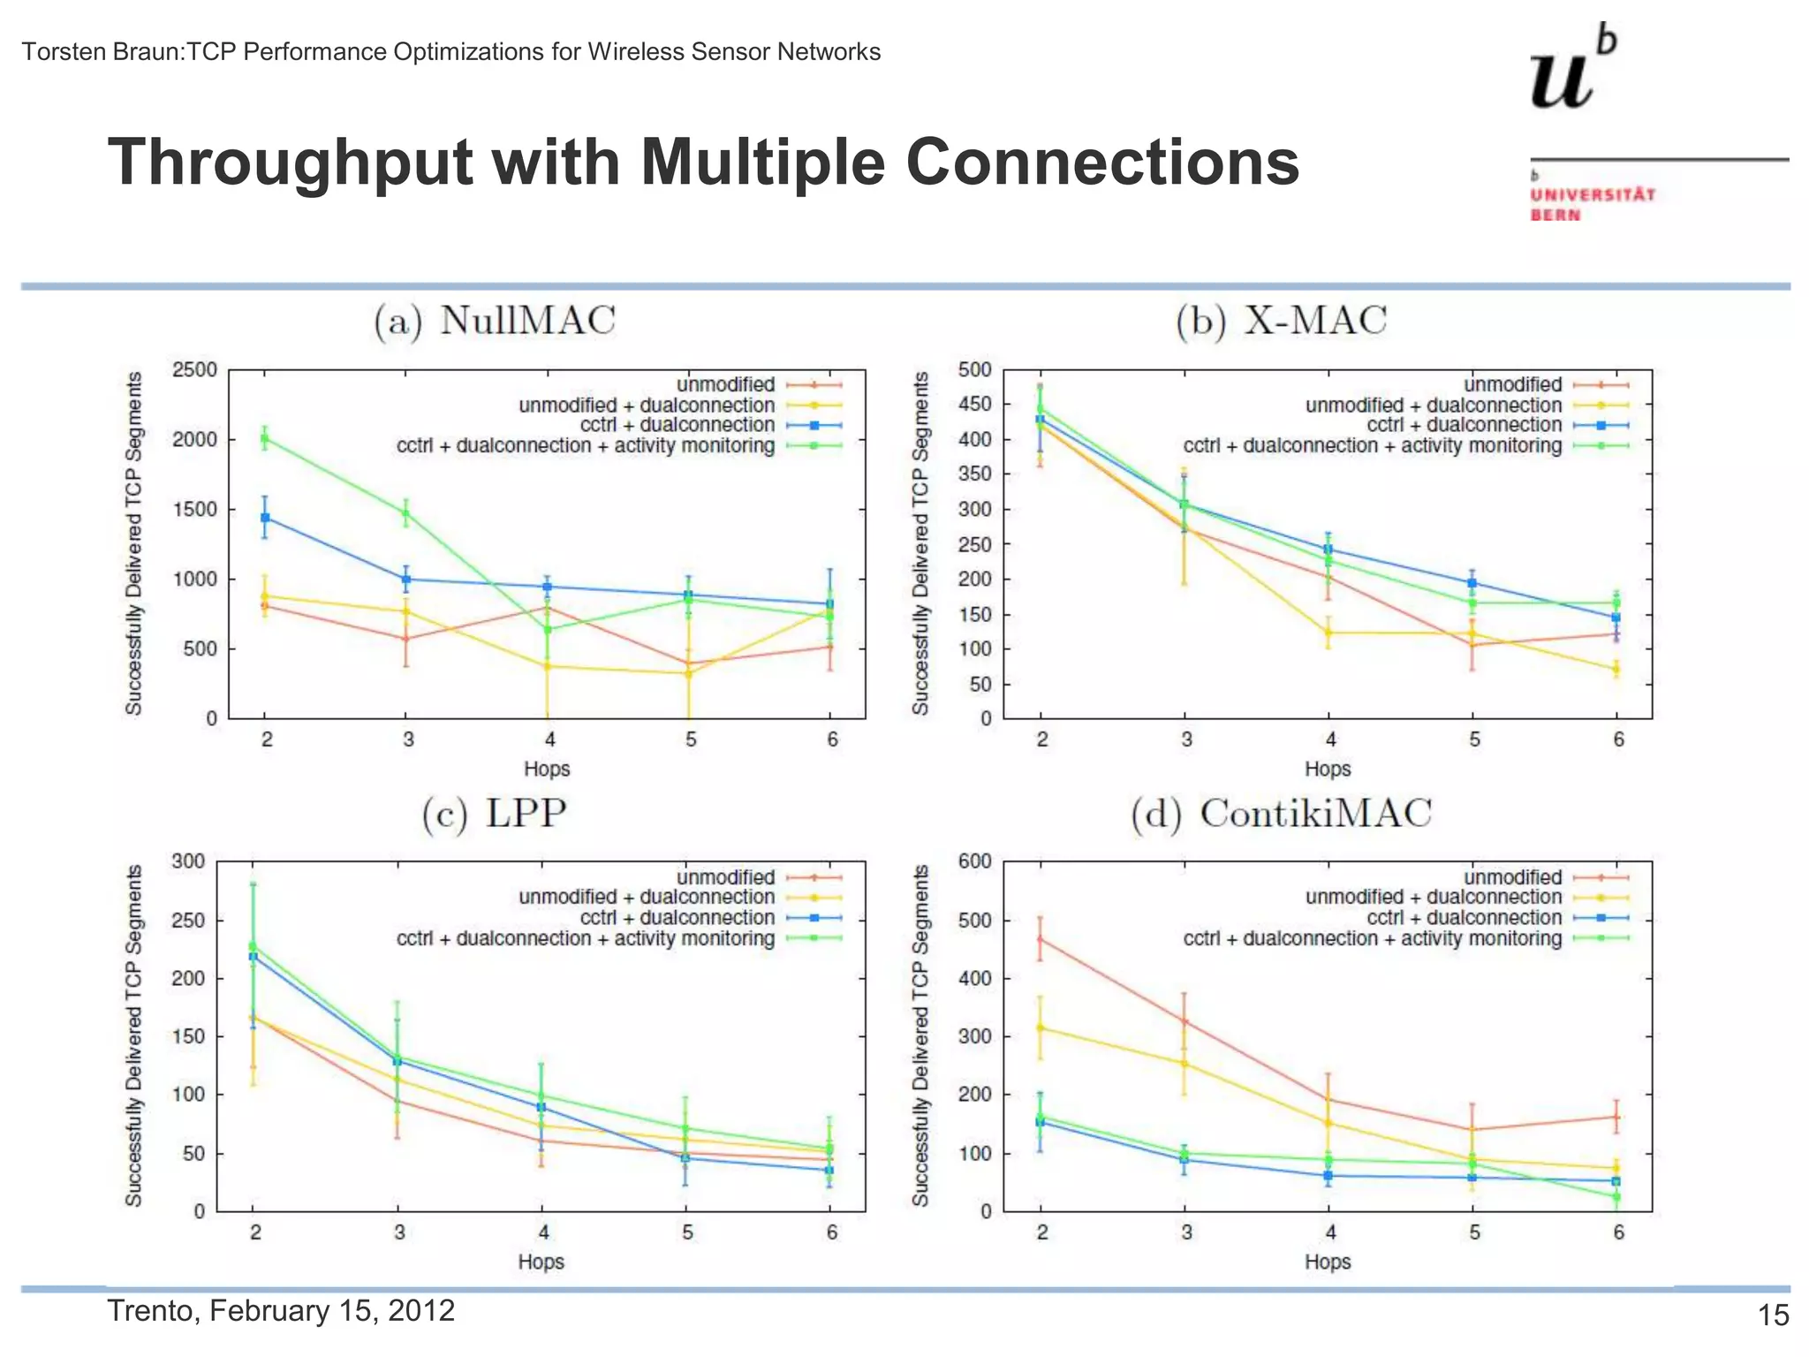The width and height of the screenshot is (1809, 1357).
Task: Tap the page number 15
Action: click(x=1773, y=1315)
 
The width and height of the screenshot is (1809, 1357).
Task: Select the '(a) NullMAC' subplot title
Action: click(x=494, y=320)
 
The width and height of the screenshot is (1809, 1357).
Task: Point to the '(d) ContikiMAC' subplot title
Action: click(x=1281, y=813)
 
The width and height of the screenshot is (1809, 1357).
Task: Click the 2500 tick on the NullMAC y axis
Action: click(x=194, y=369)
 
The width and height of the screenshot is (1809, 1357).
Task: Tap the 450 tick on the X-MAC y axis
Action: click(x=974, y=404)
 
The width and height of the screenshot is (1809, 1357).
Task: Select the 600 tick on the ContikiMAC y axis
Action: click(x=974, y=861)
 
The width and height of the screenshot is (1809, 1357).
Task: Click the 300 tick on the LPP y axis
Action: click(x=187, y=861)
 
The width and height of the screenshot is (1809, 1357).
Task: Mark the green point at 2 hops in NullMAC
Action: click(x=264, y=438)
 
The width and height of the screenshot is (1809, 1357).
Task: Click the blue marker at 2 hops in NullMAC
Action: click(x=265, y=518)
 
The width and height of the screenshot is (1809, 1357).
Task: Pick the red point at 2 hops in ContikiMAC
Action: click(x=1040, y=939)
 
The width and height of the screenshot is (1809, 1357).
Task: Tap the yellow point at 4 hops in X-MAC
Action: click(x=1328, y=633)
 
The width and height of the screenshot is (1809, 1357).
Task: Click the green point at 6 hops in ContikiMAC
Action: click(x=1616, y=1197)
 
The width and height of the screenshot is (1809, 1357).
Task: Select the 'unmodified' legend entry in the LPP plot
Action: click(x=725, y=877)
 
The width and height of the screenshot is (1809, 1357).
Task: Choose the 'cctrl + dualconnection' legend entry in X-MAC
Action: click(x=1464, y=425)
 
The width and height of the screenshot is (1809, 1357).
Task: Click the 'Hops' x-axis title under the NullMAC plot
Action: click(x=547, y=769)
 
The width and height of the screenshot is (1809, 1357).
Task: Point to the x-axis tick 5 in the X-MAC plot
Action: click(x=1474, y=739)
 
